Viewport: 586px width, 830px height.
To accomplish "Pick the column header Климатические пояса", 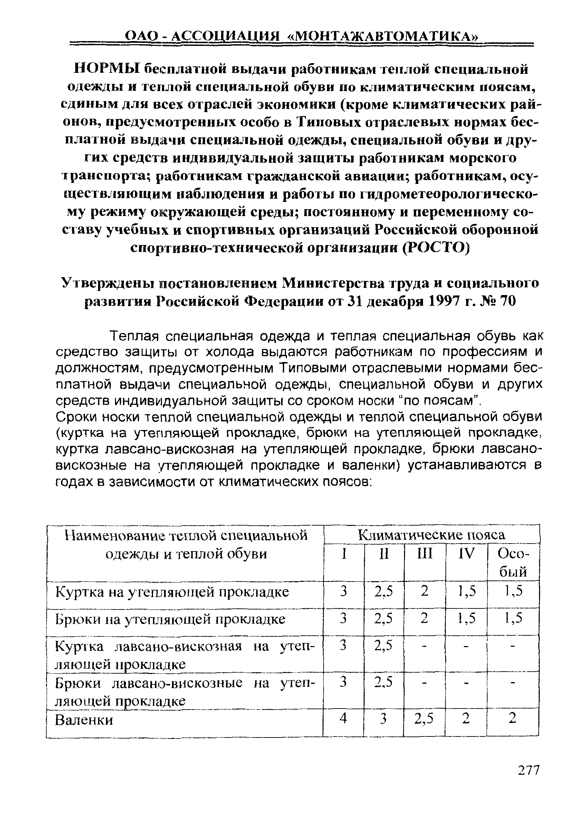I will point(431,535).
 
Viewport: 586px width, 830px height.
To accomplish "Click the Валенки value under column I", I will point(344,719).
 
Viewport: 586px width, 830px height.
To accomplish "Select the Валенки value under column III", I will point(424,719).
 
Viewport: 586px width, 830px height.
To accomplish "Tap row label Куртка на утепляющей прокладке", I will point(172,592).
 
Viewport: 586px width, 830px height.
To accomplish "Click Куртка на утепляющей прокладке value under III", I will point(424,592).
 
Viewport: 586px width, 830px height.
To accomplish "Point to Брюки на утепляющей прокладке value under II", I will point(383,619).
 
